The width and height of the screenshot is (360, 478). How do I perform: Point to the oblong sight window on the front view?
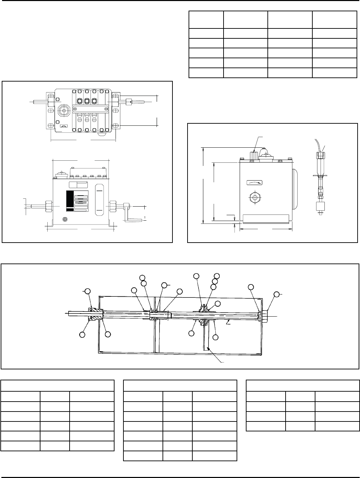tap(99, 200)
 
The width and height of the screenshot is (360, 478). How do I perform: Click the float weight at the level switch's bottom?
tap(320, 207)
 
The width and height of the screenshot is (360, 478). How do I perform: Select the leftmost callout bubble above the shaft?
tap(87, 291)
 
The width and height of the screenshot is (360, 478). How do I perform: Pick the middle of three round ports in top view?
tap(87, 101)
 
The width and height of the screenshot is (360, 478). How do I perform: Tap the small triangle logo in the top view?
tap(63, 126)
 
